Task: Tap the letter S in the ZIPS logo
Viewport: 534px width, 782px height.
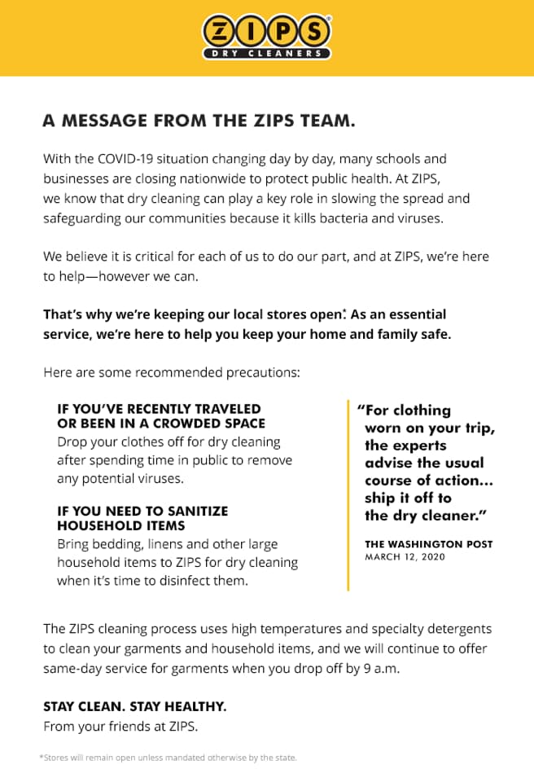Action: click(x=313, y=32)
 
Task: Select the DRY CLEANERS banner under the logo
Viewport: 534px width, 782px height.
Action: click(x=266, y=54)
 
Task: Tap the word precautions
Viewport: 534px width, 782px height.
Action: click(x=262, y=373)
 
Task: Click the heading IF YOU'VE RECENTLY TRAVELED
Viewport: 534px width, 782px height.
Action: click(x=159, y=409)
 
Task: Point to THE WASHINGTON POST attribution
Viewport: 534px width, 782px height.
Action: click(x=428, y=543)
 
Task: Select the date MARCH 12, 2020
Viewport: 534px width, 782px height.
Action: click(x=405, y=556)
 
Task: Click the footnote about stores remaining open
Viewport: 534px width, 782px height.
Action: click(x=168, y=758)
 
